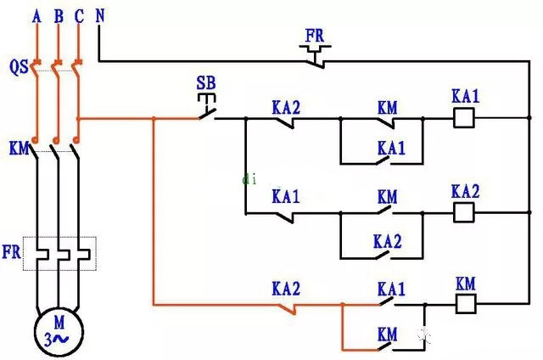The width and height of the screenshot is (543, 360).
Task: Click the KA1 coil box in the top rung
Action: (x=464, y=120)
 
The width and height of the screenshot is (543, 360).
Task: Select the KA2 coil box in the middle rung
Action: (x=464, y=211)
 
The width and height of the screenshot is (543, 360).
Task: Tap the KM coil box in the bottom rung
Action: (x=465, y=303)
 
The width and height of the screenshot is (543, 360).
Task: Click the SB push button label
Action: (x=205, y=83)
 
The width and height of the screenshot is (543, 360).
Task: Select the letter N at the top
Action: (x=101, y=15)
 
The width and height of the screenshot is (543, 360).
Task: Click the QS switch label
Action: (x=19, y=66)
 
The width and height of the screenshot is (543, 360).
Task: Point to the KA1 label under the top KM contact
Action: (x=390, y=148)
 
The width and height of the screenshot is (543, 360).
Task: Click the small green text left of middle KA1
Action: (x=249, y=179)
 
